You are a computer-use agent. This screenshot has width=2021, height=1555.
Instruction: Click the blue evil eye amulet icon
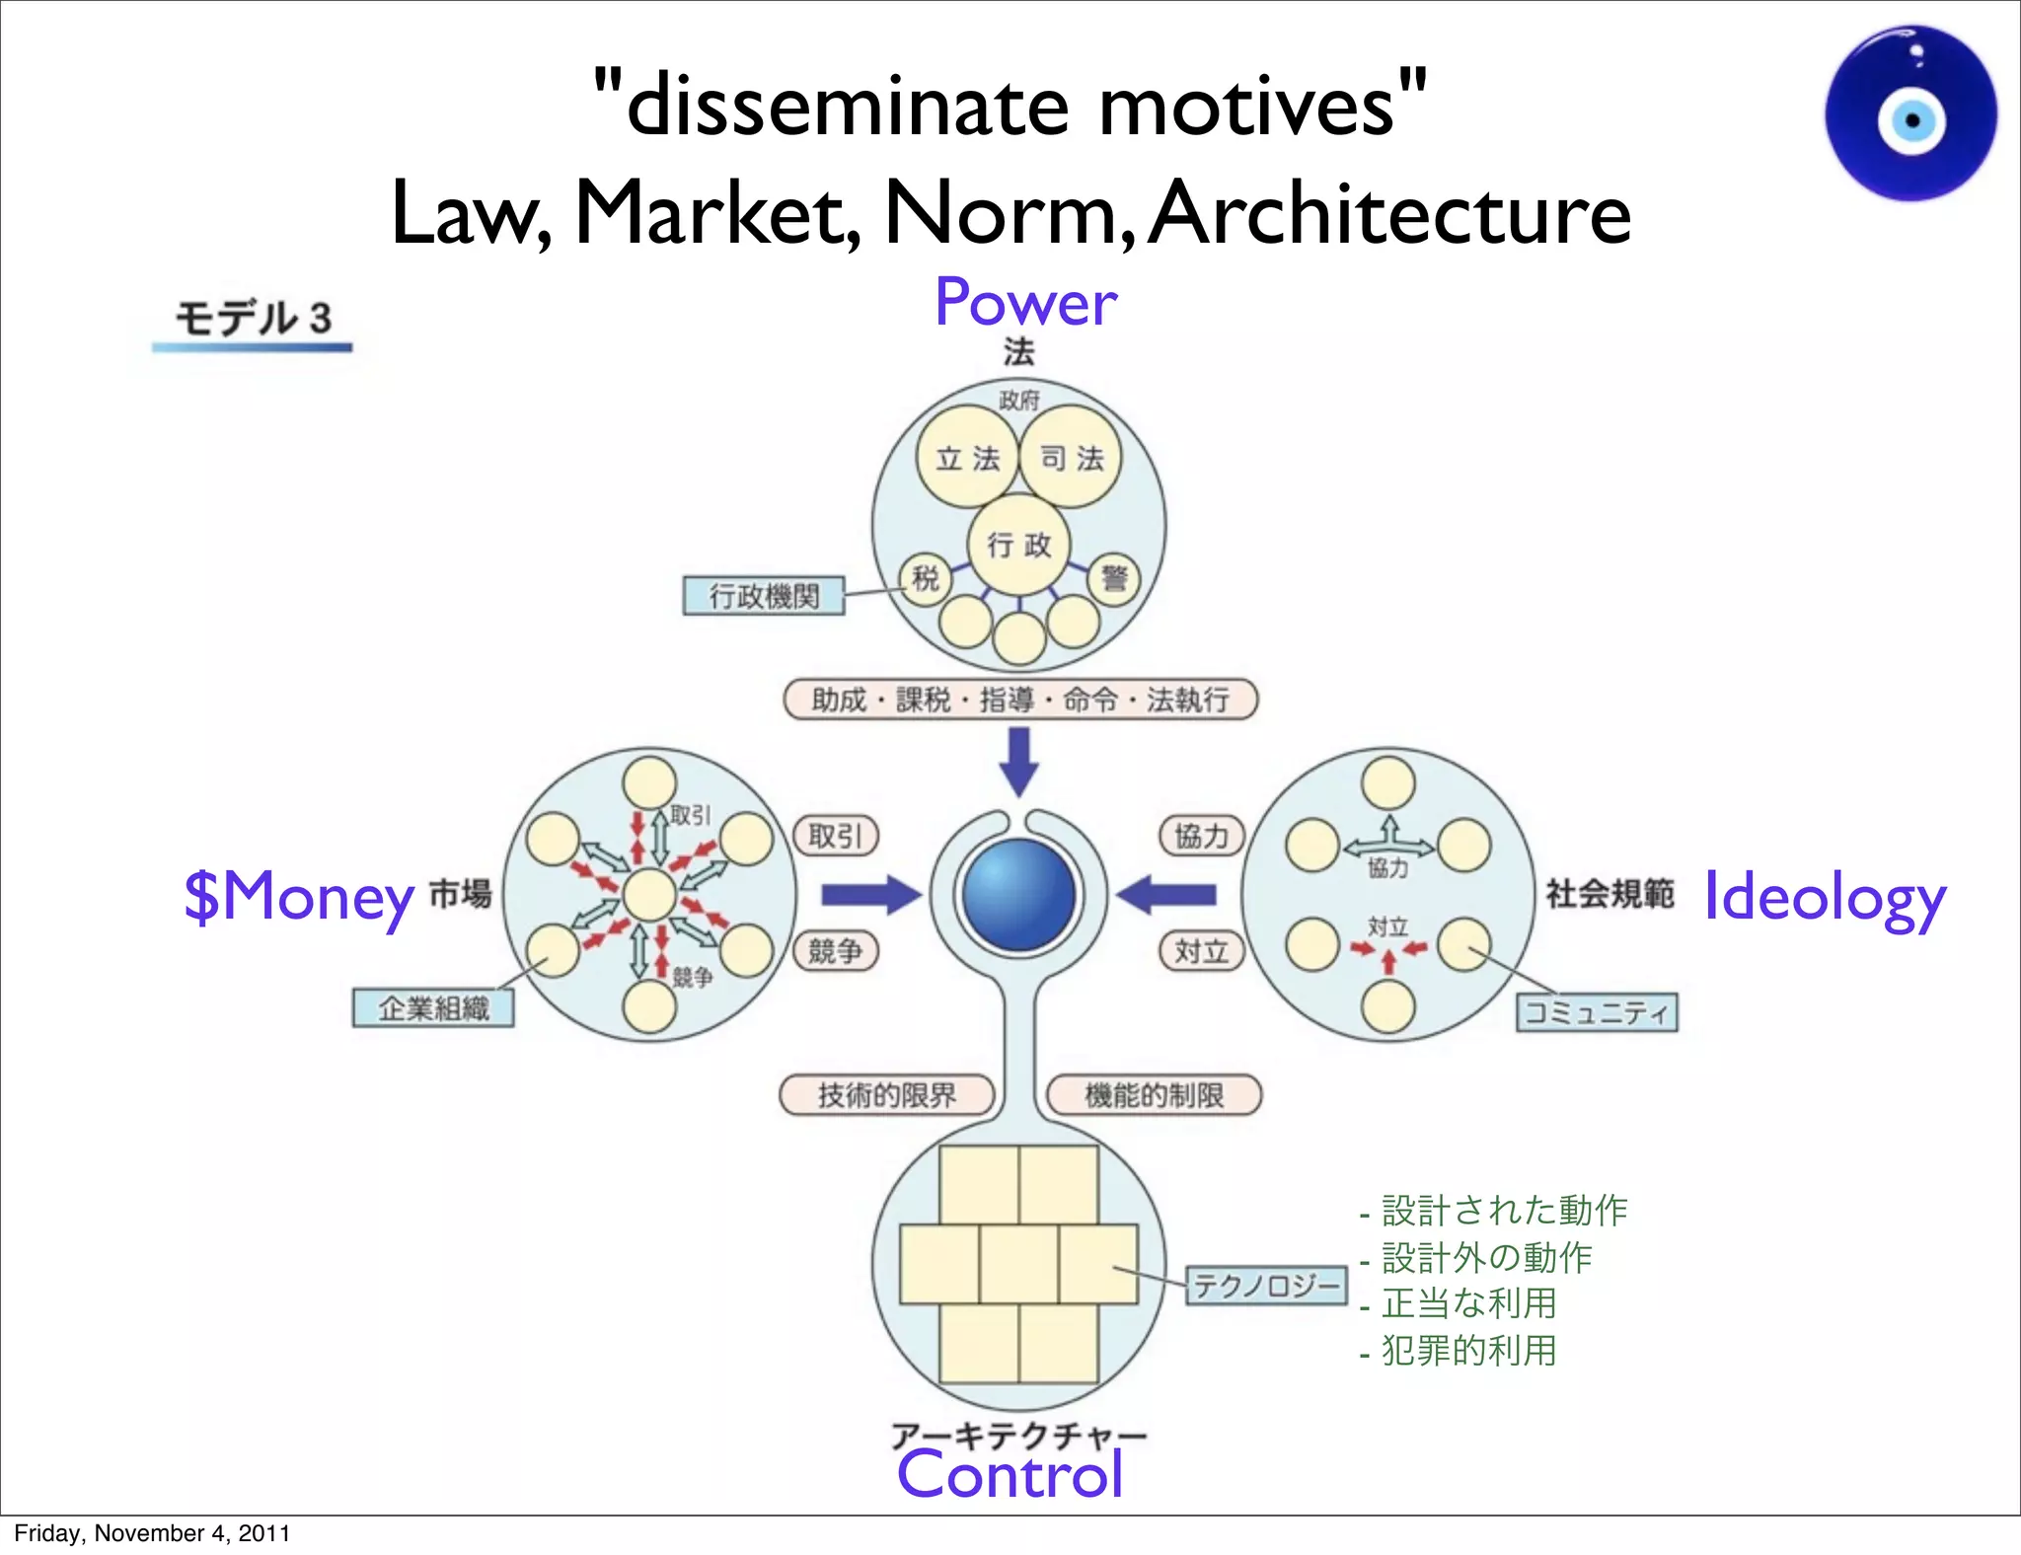1911,114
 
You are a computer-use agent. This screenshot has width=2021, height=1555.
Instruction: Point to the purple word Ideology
1825,898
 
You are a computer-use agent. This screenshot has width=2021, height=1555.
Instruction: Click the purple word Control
1010,1474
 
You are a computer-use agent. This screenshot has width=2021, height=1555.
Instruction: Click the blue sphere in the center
1018,895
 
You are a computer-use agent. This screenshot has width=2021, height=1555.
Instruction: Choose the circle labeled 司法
1071,458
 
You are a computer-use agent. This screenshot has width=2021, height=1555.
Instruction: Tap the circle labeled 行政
1019,545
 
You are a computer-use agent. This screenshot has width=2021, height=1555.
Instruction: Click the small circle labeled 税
925,579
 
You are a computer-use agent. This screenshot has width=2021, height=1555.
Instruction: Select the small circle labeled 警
1114,578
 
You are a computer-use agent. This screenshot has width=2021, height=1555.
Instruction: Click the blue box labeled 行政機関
764,596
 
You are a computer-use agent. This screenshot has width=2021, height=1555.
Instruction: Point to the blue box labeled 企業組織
433,1008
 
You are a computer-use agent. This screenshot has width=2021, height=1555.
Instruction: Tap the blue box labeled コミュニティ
1597,1012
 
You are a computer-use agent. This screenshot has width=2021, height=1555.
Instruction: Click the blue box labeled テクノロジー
1266,1286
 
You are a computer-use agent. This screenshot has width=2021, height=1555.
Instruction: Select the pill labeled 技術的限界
886,1095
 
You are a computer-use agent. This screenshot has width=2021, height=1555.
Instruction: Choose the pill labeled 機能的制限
1154,1095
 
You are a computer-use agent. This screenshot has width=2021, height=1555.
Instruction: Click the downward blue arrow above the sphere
1019,761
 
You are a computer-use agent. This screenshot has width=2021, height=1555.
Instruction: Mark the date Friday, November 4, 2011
152,1533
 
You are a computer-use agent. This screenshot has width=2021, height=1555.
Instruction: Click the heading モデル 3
253,319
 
